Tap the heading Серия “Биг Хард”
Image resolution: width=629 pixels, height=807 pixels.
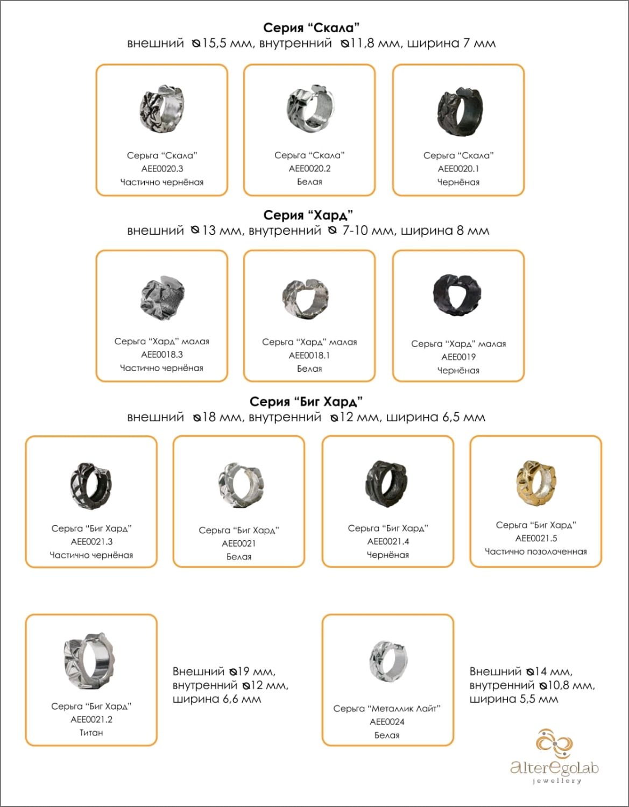pyautogui.click(x=306, y=402)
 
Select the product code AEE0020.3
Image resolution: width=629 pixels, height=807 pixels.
pyautogui.click(x=162, y=168)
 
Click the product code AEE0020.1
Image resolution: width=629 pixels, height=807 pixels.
pyautogui.click(x=458, y=168)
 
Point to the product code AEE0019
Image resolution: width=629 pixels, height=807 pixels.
pyautogui.click(x=458, y=357)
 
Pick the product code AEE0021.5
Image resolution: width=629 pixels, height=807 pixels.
pyautogui.click(x=536, y=538)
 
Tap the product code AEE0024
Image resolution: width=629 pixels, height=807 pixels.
pyautogui.click(x=387, y=721)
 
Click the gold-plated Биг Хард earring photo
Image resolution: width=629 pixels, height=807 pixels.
pyautogui.click(x=536, y=483)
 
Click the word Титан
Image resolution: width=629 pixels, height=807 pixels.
pyautogui.click(x=91, y=732)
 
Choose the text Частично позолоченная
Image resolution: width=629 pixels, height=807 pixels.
pyautogui.click(x=536, y=551)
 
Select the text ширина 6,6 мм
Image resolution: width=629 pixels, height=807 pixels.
pyautogui.click(x=216, y=699)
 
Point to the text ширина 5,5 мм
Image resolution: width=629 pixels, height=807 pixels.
pyautogui.click(x=513, y=699)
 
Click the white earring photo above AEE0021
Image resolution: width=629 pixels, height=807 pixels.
pyautogui.click(x=239, y=484)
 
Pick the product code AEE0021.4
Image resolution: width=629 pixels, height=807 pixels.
pyautogui.click(x=388, y=541)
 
